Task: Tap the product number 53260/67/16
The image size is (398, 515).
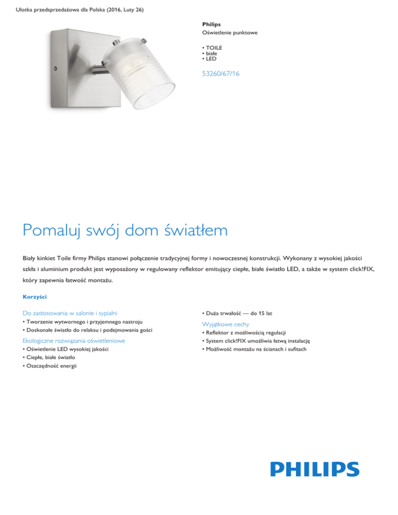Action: pyautogui.click(x=221, y=74)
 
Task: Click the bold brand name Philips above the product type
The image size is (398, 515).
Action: pyautogui.click(x=211, y=24)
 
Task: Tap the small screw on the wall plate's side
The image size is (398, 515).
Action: pyautogui.click(x=55, y=68)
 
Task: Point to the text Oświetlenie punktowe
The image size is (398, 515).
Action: pyautogui.click(x=230, y=33)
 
